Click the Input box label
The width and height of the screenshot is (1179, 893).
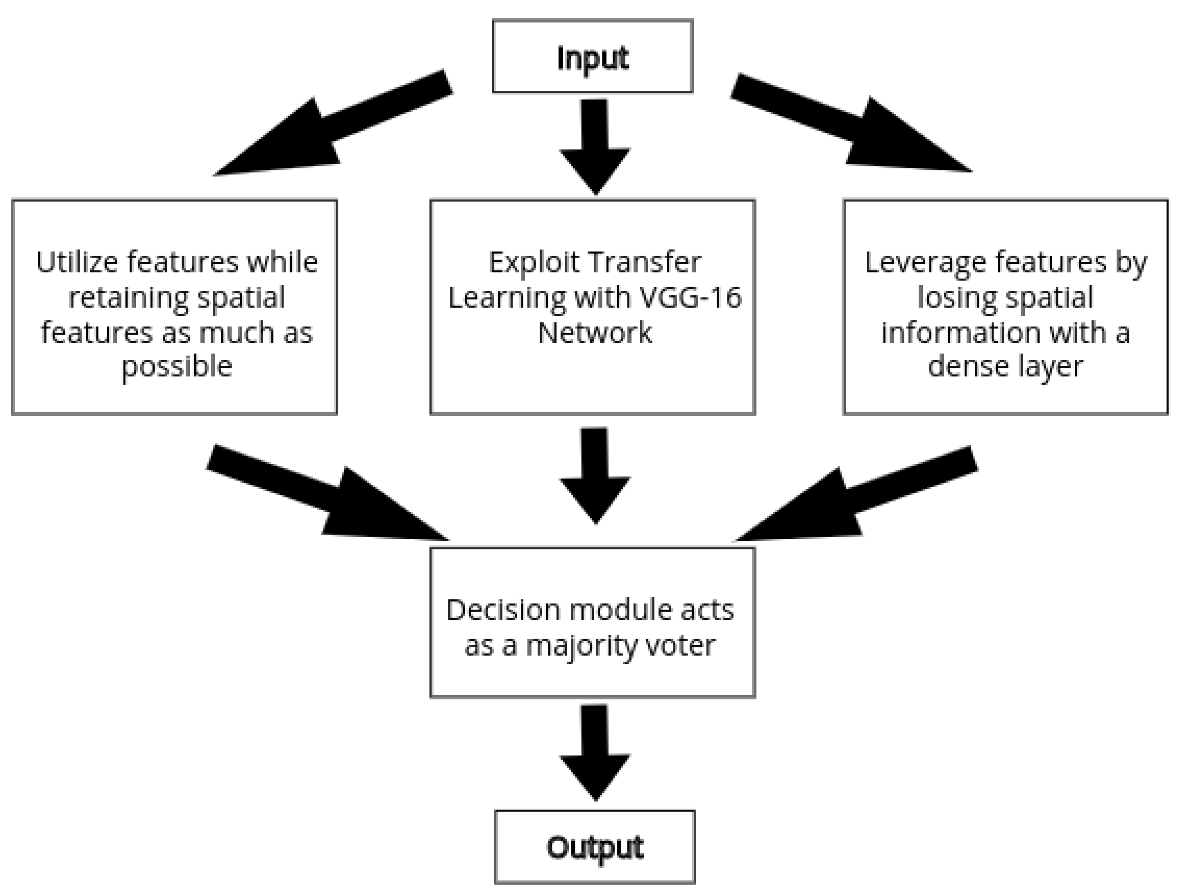point(592,58)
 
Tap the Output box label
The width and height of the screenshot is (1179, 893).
point(595,847)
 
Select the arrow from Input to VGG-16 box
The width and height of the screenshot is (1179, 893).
point(595,144)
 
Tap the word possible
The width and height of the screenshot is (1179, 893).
point(176,367)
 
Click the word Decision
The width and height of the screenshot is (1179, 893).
point(503,610)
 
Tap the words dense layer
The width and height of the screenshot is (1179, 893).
point(1005,367)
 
